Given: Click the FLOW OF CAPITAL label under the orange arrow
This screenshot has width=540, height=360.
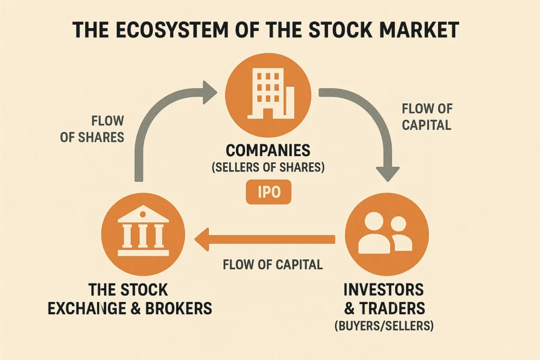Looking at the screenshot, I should tap(273, 264).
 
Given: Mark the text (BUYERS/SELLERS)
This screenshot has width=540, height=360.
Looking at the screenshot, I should tap(384, 326).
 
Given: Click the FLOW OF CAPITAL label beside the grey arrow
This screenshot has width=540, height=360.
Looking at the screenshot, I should tap(426, 117).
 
